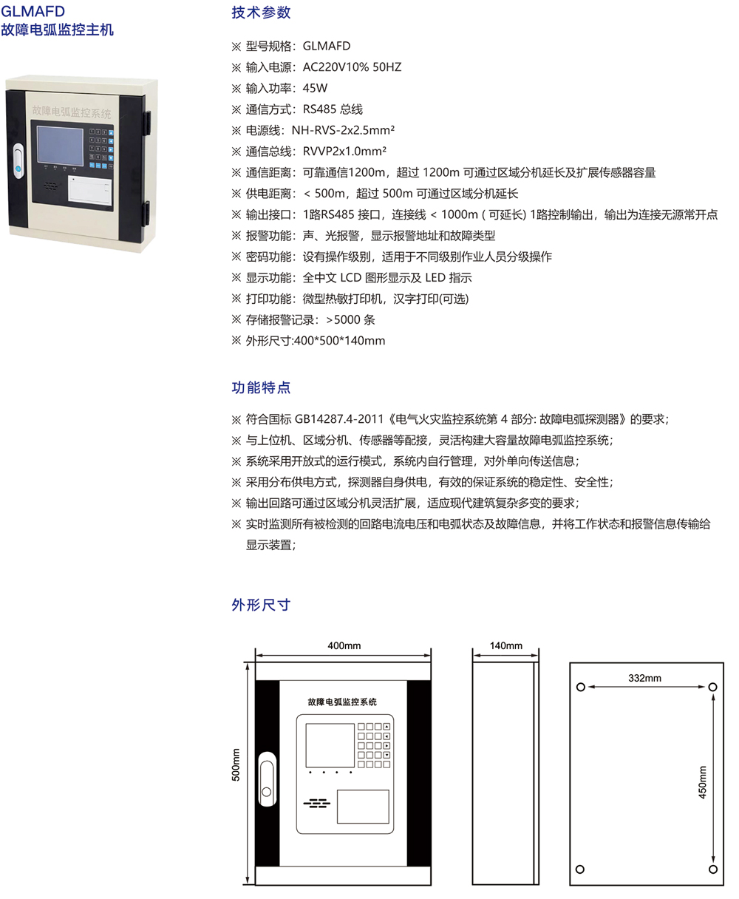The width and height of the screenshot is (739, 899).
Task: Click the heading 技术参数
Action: (261, 13)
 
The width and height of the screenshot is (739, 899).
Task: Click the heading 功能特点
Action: (261, 387)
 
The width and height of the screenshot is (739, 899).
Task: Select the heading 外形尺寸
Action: (261, 605)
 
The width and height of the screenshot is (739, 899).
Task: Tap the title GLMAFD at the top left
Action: (33, 11)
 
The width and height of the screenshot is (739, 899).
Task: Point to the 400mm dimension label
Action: (344, 645)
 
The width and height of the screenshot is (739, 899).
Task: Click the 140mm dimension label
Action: (506, 645)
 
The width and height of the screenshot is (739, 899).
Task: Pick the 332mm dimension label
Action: (644, 678)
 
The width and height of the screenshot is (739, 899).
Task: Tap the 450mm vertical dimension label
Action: (702, 782)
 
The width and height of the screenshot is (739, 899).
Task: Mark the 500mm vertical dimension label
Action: (236, 764)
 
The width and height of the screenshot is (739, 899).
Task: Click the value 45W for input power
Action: (315, 88)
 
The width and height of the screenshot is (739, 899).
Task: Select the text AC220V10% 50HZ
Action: (352, 67)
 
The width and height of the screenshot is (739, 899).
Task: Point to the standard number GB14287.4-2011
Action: (339, 419)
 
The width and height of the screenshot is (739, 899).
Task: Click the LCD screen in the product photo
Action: (60, 146)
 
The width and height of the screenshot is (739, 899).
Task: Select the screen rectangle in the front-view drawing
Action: (330, 745)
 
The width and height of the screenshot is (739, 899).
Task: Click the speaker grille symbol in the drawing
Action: (316, 804)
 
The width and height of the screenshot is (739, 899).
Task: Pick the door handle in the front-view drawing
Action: (268, 778)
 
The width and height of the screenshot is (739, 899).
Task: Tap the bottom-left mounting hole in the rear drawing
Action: (579, 869)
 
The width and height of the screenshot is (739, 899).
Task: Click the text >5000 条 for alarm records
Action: (350, 319)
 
